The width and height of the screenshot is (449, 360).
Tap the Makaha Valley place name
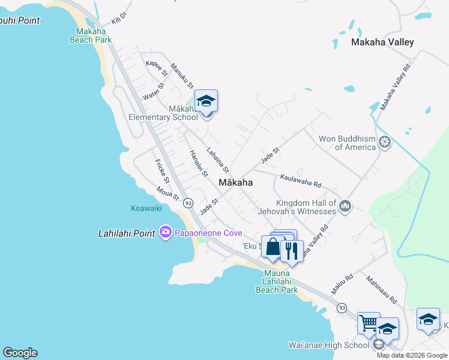(x=383, y=42)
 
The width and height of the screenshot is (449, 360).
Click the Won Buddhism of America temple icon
(x=385, y=142)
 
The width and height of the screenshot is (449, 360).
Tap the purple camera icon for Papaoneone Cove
(x=166, y=232)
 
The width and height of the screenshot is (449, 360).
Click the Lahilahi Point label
(x=127, y=233)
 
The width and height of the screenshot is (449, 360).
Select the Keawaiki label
(x=146, y=209)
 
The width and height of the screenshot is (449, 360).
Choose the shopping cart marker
(x=368, y=323)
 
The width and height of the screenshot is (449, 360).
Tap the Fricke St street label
(x=161, y=172)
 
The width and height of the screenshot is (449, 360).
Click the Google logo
(x=20, y=353)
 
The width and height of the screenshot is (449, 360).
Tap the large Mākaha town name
(x=235, y=182)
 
